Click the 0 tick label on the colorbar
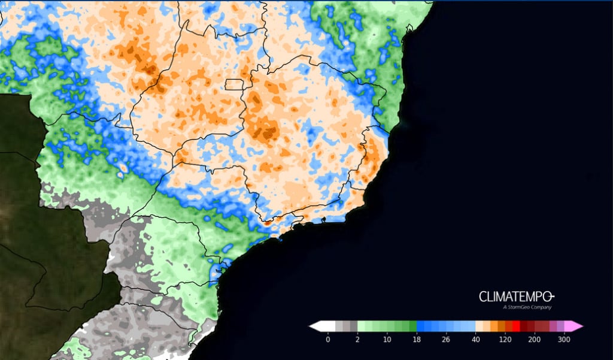(x=327, y=340)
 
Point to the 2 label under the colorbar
(x=357, y=340)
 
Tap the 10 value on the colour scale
(x=387, y=340)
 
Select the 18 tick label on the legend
(x=416, y=340)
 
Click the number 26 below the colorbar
(x=446, y=340)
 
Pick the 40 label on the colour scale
(x=475, y=340)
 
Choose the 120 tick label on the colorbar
(x=505, y=340)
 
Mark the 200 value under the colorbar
(x=535, y=340)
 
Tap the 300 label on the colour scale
(x=564, y=340)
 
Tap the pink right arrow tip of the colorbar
(x=577, y=326)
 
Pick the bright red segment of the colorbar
(x=516, y=326)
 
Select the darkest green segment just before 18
(x=412, y=326)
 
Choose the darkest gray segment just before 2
(x=353, y=326)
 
